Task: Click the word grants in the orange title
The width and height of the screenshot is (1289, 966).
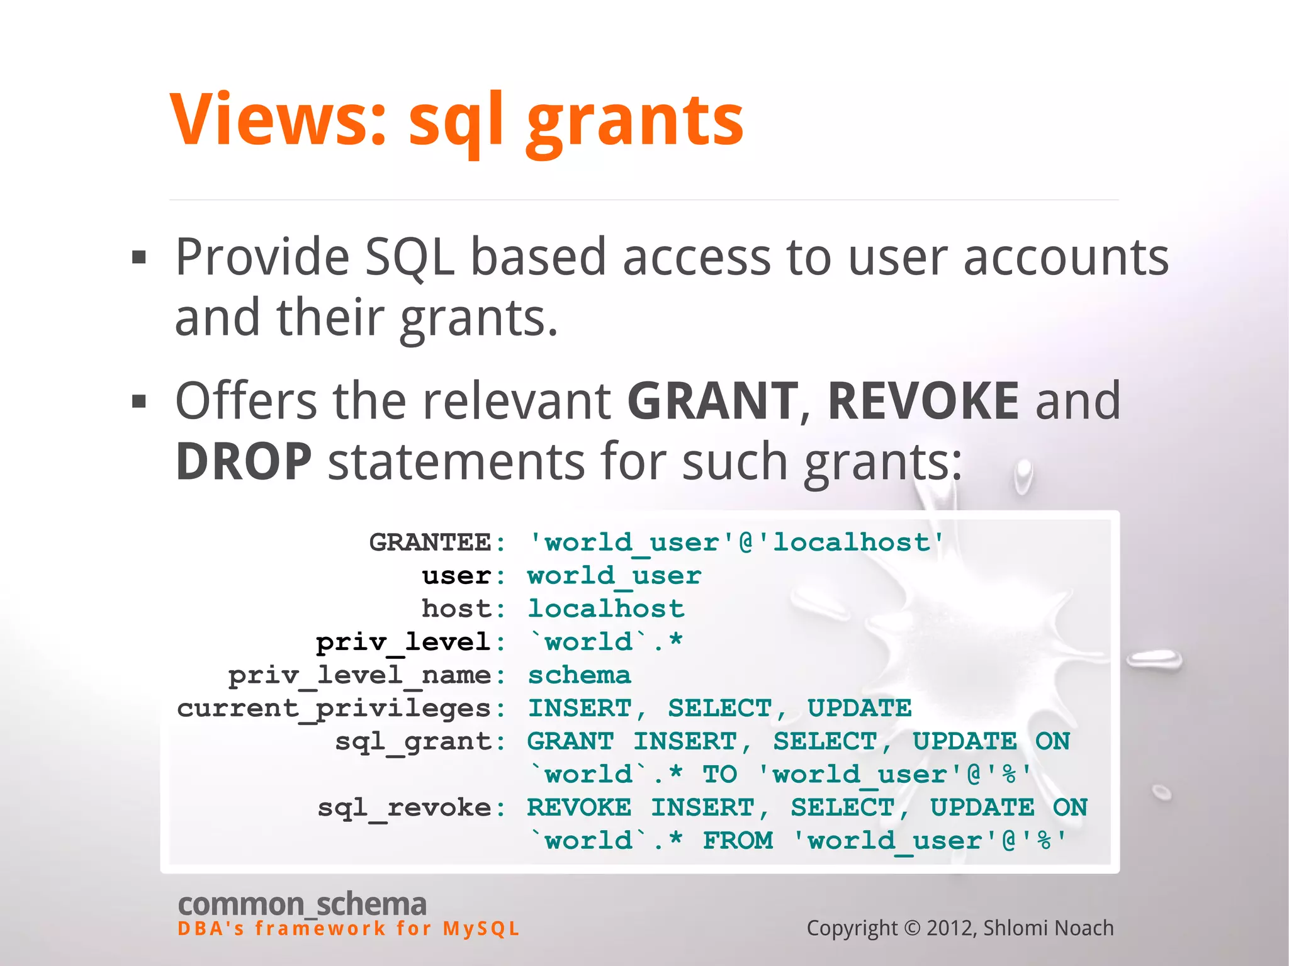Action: pos(635,123)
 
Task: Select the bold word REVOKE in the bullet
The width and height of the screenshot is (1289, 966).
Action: pos(923,401)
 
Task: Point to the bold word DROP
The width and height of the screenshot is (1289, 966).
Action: pos(244,461)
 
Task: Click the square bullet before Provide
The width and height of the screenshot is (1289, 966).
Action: pos(139,257)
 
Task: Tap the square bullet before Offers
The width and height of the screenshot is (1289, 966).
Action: pos(139,401)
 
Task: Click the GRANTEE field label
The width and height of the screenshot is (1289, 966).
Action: pos(430,542)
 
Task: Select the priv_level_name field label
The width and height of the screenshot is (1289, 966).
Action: pos(359,675)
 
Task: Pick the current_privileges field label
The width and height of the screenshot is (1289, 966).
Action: pos(334,709)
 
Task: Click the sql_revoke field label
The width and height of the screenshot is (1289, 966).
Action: pos(404,808)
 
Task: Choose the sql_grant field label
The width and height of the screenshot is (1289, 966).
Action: pos(413,741)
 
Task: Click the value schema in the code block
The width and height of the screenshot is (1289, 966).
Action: pos(579,675)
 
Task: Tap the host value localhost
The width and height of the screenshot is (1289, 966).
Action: pos(605,609)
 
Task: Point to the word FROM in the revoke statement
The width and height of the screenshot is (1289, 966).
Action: pos(738,841)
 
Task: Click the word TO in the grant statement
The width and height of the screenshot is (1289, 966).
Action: pos(719,775)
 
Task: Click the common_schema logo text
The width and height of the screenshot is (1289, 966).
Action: pos(302,904)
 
